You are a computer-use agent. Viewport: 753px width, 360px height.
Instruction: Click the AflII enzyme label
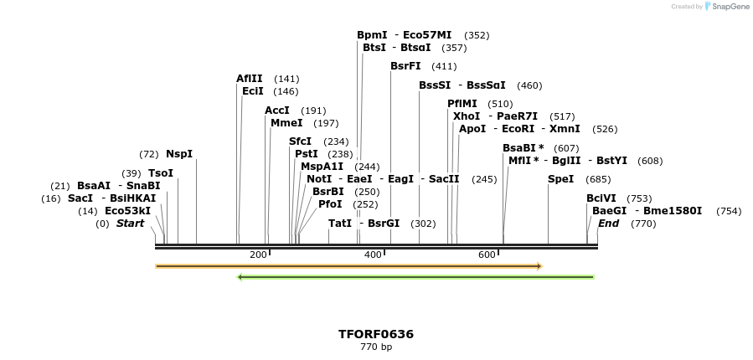[249, 79]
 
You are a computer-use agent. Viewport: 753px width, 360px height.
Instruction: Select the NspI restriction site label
[179, 154]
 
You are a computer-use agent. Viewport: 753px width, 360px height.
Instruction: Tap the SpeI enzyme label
[560, 179]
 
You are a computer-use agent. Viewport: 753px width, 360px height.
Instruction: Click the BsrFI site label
[405, 66]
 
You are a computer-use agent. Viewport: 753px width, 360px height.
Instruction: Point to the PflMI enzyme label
[462, 104]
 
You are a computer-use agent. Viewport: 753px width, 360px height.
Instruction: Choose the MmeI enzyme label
[286, 123]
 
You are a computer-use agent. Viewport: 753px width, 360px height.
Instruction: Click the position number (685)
[598, 179]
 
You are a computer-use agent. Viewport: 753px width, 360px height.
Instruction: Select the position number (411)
[444, 66]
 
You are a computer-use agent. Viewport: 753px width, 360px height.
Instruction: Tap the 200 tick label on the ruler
[258, 255]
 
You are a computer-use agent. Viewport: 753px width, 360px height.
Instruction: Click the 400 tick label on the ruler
[373, 255]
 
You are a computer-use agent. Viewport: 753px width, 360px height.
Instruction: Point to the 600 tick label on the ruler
[487, 255]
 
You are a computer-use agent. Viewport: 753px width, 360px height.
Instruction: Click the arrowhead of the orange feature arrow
[539, 266]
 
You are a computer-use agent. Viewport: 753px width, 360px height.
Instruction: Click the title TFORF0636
[376, 334]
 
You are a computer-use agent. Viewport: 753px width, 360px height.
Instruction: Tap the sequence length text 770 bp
[376, 347]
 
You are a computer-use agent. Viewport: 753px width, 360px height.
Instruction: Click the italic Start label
[130, 224]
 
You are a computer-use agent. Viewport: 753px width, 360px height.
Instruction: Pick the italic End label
[608, 224]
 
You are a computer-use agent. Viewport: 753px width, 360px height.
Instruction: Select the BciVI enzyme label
[601, 198]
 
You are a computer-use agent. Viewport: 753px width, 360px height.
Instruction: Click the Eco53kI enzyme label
[127, 211]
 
